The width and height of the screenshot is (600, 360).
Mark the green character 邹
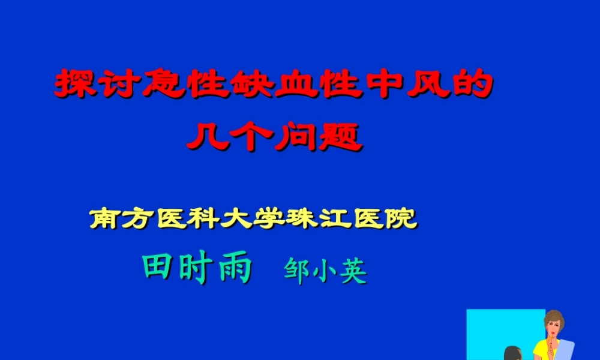click(298, 272)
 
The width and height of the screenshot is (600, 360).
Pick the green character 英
click(353, 272)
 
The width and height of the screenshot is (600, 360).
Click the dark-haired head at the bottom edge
click(512, 354)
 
